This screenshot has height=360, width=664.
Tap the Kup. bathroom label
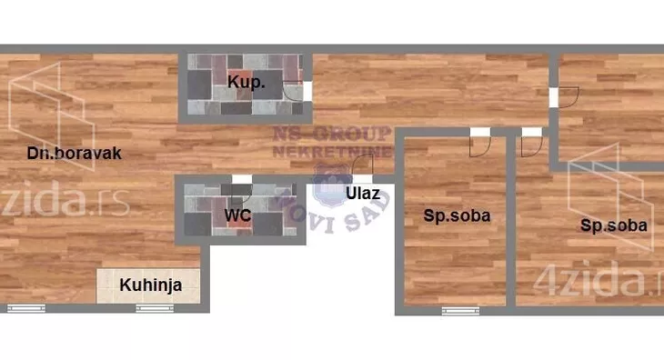click(x=246, y=83)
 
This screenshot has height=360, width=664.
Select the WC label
click(x=237, y=216)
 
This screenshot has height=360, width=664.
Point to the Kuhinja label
click(x=151, y=285)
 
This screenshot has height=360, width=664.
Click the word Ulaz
click(x=361, y=193)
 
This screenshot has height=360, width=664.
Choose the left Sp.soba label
click(x=458, y=216)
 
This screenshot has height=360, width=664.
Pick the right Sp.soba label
click(x=614, y=225)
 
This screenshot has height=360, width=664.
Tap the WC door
click(x=241, y=193)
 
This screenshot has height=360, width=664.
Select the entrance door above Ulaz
click(x=362, y=166)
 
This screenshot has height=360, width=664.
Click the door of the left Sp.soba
click(x=480, y=142)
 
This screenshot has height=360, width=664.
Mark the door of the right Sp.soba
click(x=531, y=142)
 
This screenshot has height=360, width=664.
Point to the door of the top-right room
click(x=566, y=97)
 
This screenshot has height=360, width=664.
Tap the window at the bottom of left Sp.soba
click(x=460, y=311)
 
